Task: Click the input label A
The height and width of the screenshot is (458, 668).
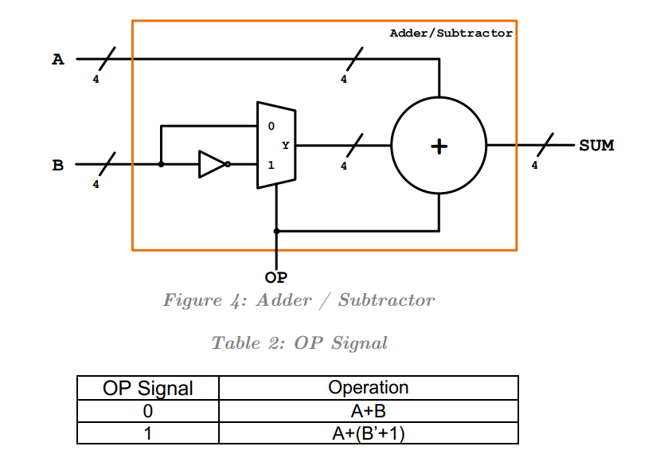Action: point(57,59)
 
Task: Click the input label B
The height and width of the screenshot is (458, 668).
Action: point(57,166)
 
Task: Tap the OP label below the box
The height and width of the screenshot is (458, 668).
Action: point(275,277)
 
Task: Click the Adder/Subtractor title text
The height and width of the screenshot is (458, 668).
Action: point(451,33)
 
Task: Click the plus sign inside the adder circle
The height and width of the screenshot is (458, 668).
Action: point(439,147)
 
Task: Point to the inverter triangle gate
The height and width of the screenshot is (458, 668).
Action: point(213,164)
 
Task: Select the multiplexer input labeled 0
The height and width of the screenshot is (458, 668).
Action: point(271,126)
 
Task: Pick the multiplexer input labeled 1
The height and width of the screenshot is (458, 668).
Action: point(271,166)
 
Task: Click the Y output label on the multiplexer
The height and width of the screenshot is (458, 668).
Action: point(285,146)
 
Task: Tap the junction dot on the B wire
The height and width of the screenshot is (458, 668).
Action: point(161,165)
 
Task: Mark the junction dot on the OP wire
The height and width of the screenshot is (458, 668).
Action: point(276,231)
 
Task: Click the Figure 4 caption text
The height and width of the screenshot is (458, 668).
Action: point(299,300)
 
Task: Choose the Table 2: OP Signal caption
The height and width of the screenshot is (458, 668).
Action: point(299,343)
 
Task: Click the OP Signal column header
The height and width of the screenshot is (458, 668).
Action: point(148,389)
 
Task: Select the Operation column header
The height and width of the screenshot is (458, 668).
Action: point(368,388)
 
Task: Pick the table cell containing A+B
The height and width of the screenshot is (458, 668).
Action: point(368,411)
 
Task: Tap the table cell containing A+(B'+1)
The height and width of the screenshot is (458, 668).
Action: point(368,433)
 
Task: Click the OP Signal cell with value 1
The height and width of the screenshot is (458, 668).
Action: point(148,434)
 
